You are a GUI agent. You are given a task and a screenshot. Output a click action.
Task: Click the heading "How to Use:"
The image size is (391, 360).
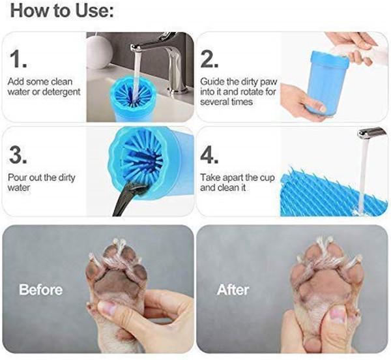(63, 11)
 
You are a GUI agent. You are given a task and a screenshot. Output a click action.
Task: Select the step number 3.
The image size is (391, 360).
(20, 155)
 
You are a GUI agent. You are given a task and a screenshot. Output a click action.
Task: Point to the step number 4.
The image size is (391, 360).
(212, 155)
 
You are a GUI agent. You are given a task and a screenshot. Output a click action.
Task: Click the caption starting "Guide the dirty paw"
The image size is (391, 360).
(235, 91)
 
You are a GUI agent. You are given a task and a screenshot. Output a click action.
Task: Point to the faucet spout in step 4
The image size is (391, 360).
(371, 134)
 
